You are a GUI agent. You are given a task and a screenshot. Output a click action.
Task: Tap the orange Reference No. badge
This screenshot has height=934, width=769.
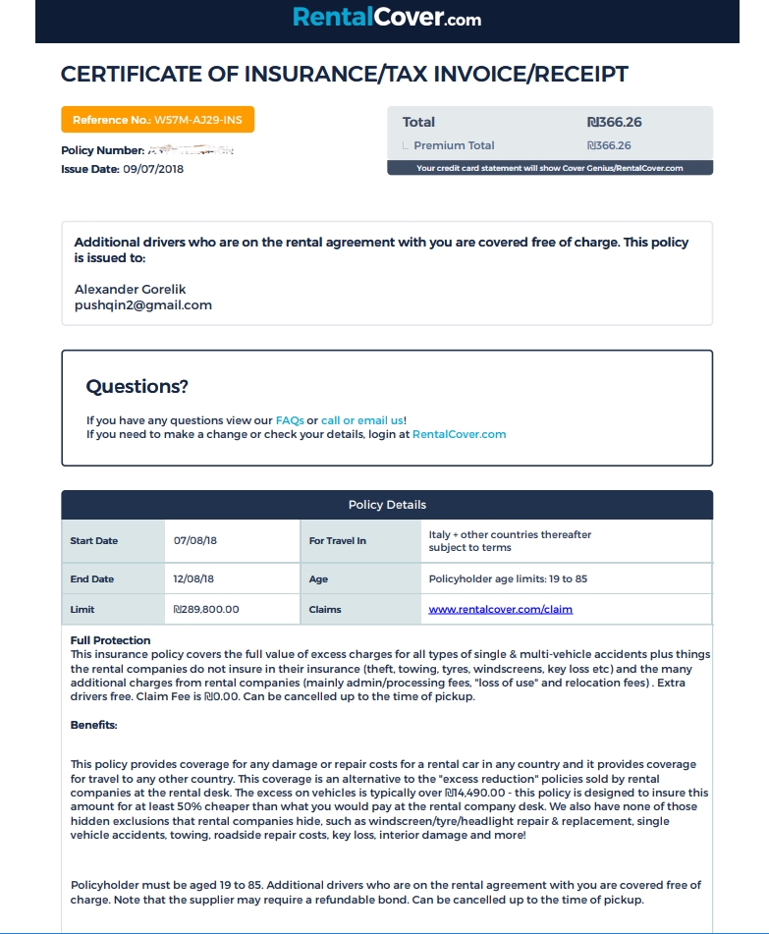pos(158,120)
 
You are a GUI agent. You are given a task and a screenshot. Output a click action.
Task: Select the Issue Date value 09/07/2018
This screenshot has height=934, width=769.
pos(153,169)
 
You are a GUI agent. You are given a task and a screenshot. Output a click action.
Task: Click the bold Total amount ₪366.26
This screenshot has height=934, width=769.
pos(614,122)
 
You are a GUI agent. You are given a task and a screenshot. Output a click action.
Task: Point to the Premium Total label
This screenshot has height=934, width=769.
pos(454,145)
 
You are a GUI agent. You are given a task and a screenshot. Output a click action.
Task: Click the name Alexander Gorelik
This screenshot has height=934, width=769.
pos(130,289)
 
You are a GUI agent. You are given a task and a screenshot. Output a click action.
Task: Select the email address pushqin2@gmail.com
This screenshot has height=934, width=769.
pos(143,304)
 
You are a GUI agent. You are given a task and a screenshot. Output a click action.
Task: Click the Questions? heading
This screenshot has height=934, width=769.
pos(137,386)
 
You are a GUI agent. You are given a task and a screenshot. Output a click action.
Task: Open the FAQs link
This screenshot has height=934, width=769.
pos(290,420)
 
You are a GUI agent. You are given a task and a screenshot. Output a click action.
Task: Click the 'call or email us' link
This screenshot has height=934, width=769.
pos(362,420)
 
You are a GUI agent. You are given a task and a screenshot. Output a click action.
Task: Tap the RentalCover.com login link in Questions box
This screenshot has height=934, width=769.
pos(459,434)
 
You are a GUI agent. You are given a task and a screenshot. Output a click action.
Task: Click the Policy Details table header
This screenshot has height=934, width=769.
pos(387,505)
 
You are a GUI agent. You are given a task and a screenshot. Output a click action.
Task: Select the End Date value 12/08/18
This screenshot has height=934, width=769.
pos(193,579)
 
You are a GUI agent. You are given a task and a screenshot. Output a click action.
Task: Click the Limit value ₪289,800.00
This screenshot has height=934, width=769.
pos(206,609)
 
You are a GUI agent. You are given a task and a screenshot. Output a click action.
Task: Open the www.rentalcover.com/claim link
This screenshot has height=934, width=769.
pos(501,609)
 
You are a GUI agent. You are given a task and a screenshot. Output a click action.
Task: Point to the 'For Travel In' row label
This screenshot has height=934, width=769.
pos(337,540)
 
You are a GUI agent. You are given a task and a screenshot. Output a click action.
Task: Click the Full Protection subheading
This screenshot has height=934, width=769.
pos(111,640)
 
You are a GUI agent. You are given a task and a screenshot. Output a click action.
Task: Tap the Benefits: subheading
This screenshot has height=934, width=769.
pos(94,725)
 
